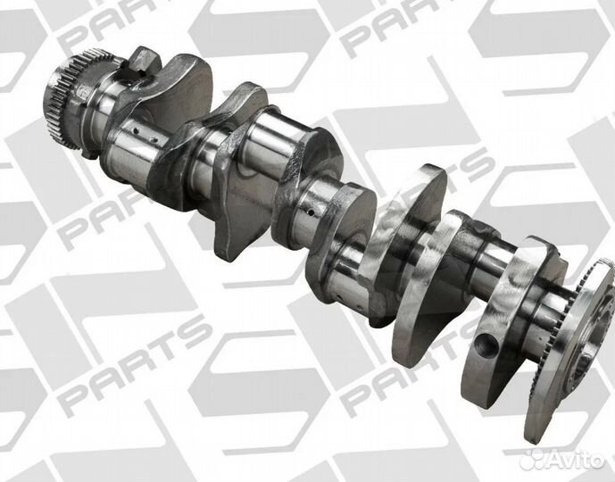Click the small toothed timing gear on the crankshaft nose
[62, 100]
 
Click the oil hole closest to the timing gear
[135, 132]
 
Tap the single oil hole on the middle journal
[311, 213]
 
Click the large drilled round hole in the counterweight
[486, 345]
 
